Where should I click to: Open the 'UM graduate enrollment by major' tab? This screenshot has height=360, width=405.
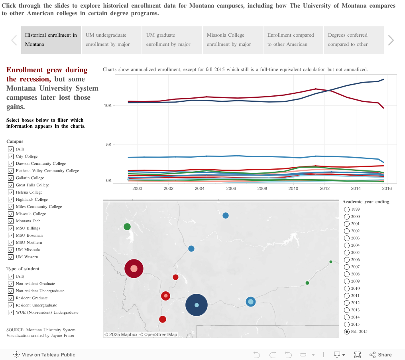pos(172,40)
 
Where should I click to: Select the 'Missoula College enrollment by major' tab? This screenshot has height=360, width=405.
pos(233,40)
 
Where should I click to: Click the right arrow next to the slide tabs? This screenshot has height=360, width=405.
pos(391,40)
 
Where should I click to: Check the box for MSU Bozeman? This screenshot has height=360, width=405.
pos(11,235)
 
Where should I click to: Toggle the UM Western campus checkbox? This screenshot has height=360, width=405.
pos(11,257)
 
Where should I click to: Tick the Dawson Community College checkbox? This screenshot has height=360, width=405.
pos(11,164)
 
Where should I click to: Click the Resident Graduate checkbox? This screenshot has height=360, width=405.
pos(11,298)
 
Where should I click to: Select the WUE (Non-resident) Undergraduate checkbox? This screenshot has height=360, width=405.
pos(11,313)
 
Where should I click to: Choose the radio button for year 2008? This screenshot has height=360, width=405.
pos(347,274)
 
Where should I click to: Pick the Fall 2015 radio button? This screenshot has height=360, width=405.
pos(347,332)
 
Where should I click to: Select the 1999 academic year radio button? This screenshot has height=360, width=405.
pos(347,210)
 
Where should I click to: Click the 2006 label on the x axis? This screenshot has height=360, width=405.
pos(231,188)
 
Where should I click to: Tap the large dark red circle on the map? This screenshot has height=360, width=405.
pos(134,269)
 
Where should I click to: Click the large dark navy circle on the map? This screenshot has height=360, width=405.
pos(197,305)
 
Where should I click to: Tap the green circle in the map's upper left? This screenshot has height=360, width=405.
pos(127,227)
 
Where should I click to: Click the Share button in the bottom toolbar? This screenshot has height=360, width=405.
pos(381,355)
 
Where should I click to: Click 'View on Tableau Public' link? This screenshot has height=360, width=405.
pos(45,355)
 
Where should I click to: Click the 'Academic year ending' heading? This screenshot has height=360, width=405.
pos(366,202)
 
